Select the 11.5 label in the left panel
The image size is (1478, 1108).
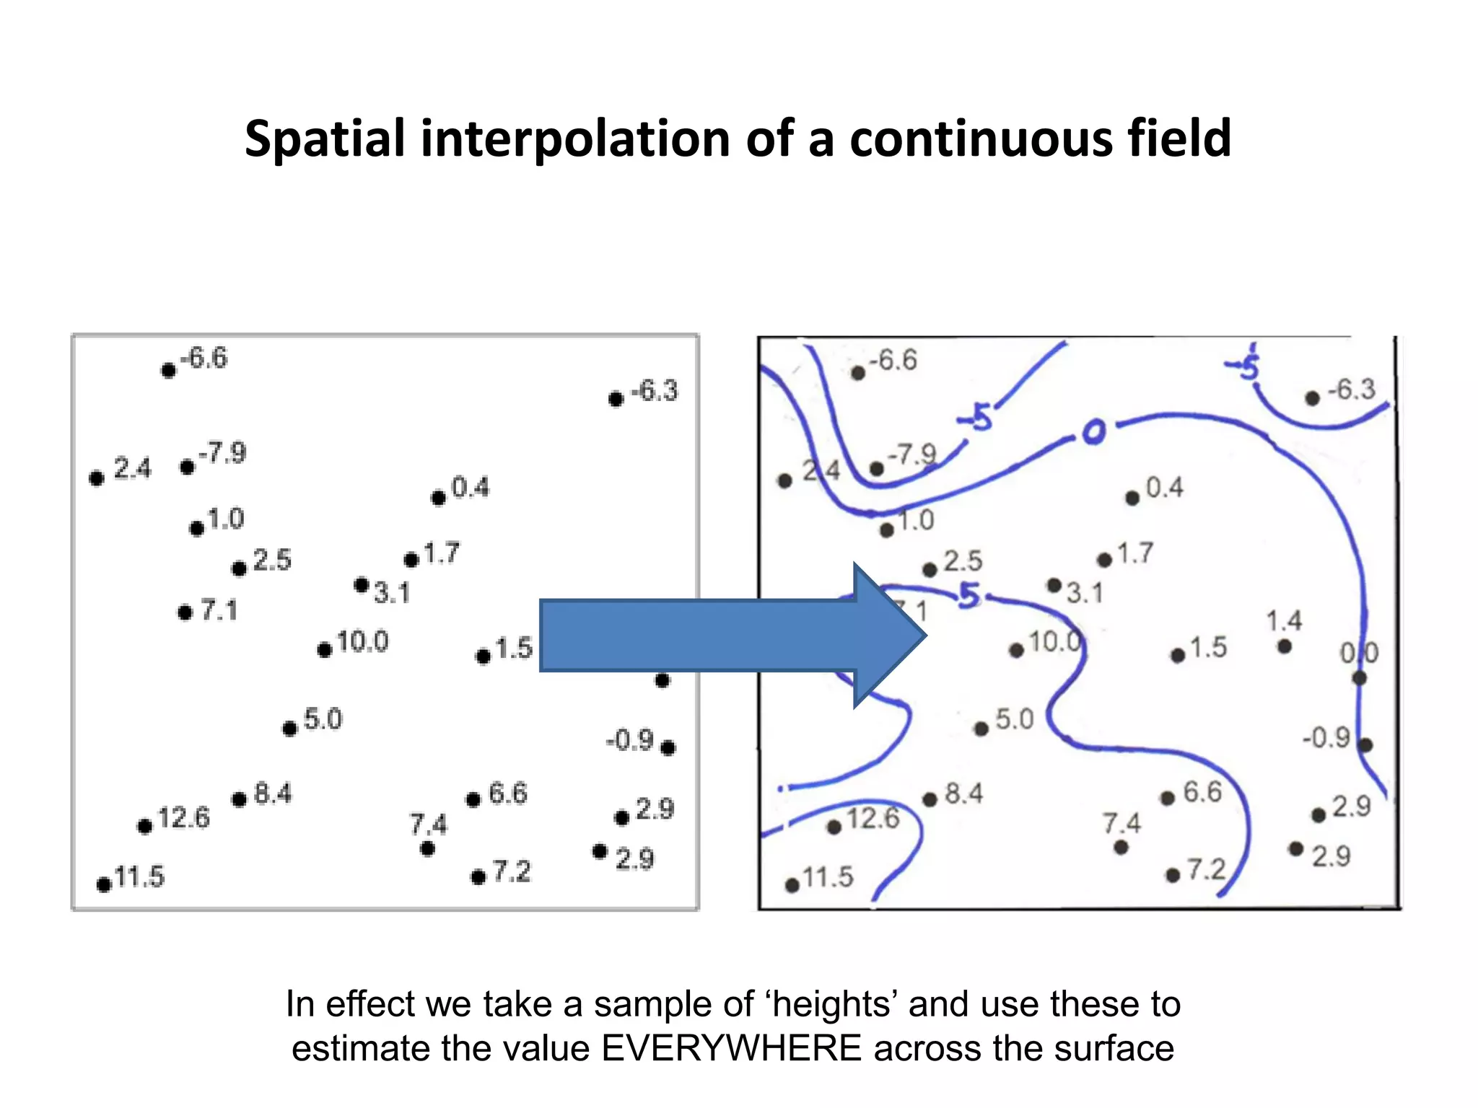click(139, 877)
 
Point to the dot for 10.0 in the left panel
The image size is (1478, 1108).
click(325, 651)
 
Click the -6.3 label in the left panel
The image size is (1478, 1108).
click(655, 391)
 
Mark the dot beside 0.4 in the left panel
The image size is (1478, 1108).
click(438, 498)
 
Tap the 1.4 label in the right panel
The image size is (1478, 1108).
click(1284, 621)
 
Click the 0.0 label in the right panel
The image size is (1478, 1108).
click(1359, 654)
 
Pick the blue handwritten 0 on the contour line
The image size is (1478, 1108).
click(1093, 431)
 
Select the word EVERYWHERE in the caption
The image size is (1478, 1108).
click(732, 1048)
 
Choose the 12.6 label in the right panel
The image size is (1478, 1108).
click(873, 819)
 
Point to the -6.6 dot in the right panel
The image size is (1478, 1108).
click(858, 373)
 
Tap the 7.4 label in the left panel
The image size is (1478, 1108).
click(429, 824)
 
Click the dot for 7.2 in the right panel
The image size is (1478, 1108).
click(1173, 876)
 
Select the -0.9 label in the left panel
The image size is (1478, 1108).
click(630, 740)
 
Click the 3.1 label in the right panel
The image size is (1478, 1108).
click(1085, 594)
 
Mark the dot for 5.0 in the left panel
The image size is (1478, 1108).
click(289, 729)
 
